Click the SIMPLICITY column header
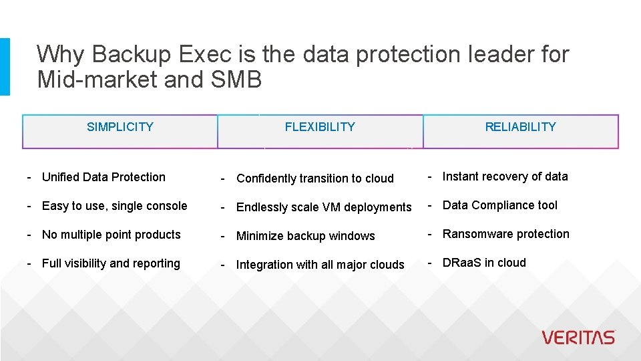point(120,127)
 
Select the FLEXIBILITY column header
point(320,127)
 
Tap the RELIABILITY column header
point(520,127)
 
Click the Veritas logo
point(578,338)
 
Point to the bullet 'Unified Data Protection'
point(103,177)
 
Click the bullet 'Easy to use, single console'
point(114,206)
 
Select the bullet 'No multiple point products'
point(111,235)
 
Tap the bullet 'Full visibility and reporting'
point(111,263)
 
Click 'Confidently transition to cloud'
point(315,178)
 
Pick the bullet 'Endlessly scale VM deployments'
point(324,207)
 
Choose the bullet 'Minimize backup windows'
point(306,236)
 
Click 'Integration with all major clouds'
point(320,265)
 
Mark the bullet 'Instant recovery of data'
point(505,176)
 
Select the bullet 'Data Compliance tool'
point(499,205)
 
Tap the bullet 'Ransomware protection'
point(505,234)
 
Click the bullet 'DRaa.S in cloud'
point(484,263)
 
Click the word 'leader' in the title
point(495,54)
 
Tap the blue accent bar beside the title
point(5,66)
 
